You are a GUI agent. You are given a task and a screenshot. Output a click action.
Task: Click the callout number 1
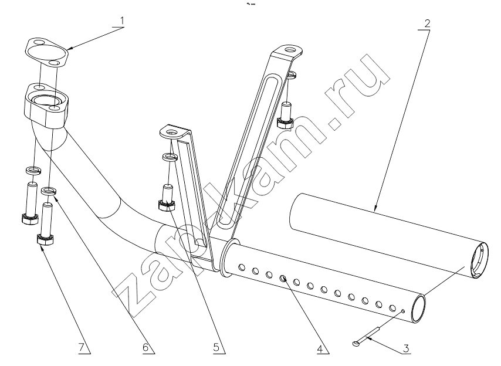tap(121, 21)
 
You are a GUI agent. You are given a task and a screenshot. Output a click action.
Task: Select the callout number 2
tap(427, 23)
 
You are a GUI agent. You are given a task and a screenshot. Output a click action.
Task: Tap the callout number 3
tap(405, 348)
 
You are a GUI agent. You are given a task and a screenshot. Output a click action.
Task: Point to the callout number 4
tap(320, 349)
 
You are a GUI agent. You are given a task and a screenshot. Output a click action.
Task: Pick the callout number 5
tap(216, 347)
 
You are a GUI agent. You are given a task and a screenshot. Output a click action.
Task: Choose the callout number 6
tap(145, 347)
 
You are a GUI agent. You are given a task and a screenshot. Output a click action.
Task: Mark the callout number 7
tap(81, 347)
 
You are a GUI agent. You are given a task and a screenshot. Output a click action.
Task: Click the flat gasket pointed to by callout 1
tap(47, 53)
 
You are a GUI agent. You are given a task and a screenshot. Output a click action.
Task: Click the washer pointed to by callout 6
tap(49, 191)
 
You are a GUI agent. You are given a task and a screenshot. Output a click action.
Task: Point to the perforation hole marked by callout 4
tap(283, 279)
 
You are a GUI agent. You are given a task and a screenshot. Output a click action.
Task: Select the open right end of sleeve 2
tap(479, 260)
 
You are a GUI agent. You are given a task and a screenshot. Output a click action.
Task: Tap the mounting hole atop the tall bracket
tap(290, 50)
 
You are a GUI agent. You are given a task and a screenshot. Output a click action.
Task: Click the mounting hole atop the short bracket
tap(172, 131)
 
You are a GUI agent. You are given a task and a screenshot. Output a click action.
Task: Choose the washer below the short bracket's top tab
tap(170, 157)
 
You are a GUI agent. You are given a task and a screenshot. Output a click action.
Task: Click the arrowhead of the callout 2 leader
tap(376, 209)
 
